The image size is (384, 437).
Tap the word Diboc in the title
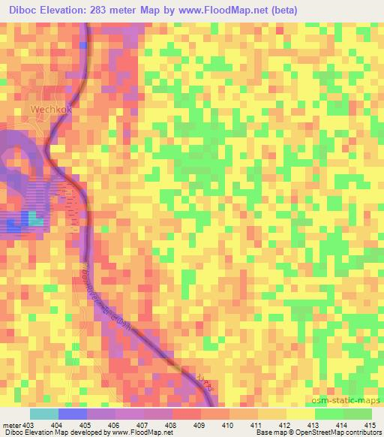[19, 11]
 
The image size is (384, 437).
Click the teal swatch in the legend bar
[43, 414]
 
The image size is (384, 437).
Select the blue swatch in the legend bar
[73, 414]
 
